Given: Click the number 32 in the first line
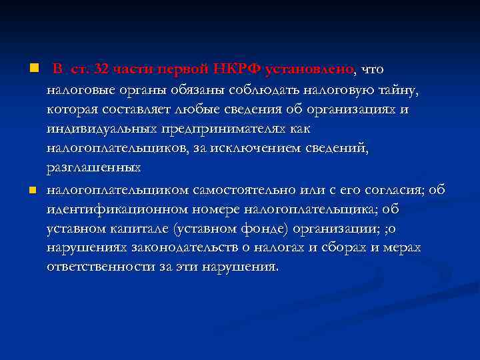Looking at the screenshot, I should [x=103, y=69].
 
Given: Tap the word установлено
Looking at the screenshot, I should [x=311, y=69].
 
